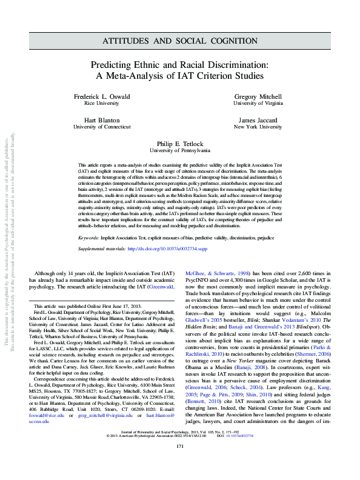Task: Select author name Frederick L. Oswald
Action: (101, 97)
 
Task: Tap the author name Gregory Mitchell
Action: (258, 97)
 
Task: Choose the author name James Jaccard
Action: (258, 120)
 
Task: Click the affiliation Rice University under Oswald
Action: (101, 104)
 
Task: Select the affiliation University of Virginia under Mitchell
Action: (258, 104)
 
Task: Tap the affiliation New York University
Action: (258, 127)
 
